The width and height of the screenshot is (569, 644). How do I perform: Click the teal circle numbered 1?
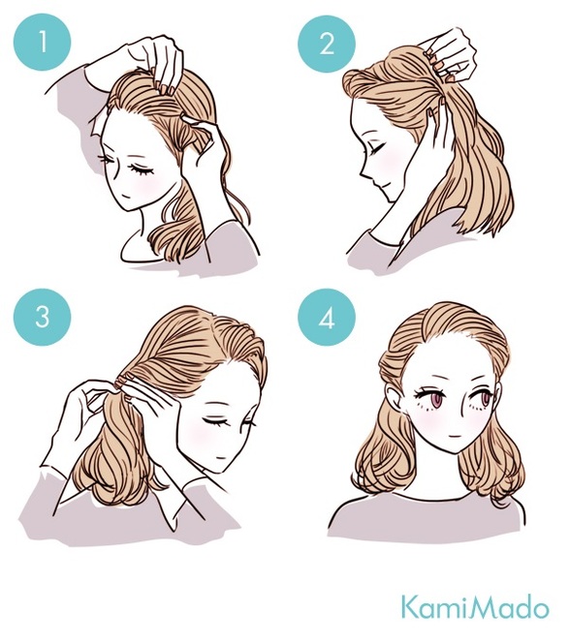pos(42,42)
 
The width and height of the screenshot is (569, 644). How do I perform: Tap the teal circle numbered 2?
pos(327,44)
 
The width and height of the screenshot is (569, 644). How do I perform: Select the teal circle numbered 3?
pos(42,317)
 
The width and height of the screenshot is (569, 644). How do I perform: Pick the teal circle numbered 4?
pos(327,318)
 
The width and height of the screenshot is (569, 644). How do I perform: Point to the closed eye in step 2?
pos(378,148)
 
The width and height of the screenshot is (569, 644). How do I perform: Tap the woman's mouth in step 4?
pos(453,436)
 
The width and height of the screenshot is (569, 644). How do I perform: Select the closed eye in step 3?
pos(216,422)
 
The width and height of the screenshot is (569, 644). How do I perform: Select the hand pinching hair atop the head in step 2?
pos(451,53)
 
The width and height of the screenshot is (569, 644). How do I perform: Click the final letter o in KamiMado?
pos(540,611)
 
